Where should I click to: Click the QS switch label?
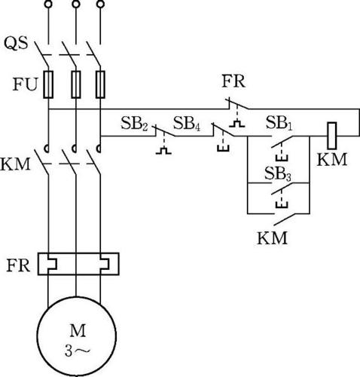point(16,43)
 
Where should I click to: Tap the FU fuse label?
point(25,84)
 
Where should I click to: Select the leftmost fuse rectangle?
point(48,84)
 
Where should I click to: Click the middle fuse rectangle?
point(76,84)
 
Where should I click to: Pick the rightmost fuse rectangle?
point(100,84)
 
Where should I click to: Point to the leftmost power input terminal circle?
point(48,4)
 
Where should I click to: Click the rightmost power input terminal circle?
point(100,4)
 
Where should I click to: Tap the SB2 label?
point(134,124)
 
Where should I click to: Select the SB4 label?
point(187,124)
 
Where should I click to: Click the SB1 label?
point(279,123)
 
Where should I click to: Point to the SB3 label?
point(278,174)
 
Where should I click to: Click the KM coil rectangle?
point(332,136)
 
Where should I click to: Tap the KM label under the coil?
point(332,160)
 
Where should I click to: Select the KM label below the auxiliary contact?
point(272,238)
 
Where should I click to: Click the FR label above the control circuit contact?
point(233,81)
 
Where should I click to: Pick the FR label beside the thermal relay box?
point(18,265)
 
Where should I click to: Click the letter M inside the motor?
point(78,330)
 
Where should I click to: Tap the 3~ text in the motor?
point(77,351)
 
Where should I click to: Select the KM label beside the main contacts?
point(15,164)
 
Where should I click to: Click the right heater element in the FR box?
point(105,264)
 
